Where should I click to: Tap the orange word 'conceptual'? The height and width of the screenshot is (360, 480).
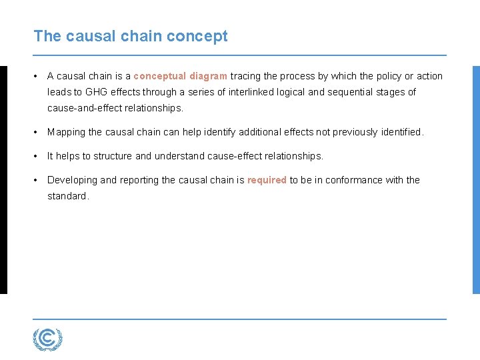(x=159, y=76)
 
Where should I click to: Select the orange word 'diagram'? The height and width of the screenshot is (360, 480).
(x=208, y=76)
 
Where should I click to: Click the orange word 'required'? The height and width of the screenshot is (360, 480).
(x=267, y=180)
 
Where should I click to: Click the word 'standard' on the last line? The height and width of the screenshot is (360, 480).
(x=67, y=196)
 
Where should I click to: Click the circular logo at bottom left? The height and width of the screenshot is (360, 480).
(x=47, y=339)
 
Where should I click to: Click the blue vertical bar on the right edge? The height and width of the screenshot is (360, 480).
(x=476, y=179)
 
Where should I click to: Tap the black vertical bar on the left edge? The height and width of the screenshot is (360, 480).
(x=3, y=179)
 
